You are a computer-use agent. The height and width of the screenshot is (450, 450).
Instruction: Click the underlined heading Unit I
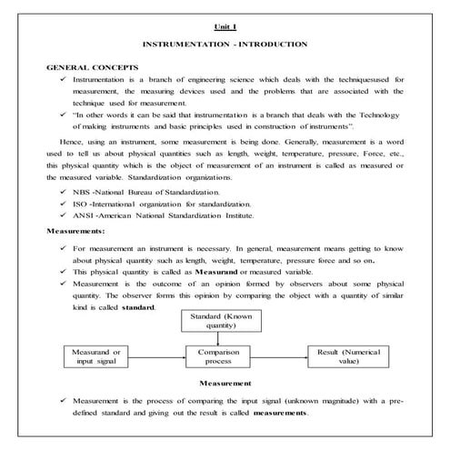(x=225, y=27)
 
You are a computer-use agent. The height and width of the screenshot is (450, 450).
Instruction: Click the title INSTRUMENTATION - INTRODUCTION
(x=225, y=45)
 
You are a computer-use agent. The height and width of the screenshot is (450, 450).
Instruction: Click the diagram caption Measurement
(x=225, y=383)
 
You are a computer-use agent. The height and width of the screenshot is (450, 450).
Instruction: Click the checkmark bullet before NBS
(x=63, y=193)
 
